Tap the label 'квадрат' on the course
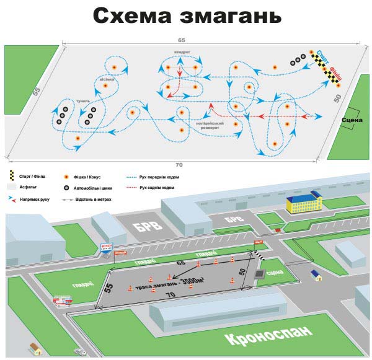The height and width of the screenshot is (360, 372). pyautogui.click(x=182, y=53)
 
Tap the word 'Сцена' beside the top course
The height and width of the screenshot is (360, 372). pyautogui.click(x=352, y=119)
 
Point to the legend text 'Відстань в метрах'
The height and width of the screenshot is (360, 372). pyautogui.click(x=95, y=199)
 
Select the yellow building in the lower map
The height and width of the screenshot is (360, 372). pyautogui.click(x=303, y=202)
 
